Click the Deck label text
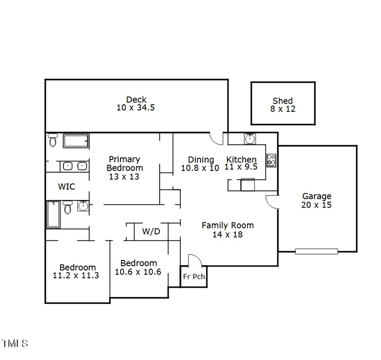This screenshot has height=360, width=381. pos(136,100)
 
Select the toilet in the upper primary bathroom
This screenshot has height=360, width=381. pos(52,140)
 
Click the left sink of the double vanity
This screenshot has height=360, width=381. pos(67,166)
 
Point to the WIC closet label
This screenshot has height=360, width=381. pos(67,187)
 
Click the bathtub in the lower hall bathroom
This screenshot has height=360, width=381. pos(52,215)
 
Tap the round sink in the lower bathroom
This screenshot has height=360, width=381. pos(83,206)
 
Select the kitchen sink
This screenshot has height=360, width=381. pos(250,139)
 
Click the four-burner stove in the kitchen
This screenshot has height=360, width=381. pos(271,160)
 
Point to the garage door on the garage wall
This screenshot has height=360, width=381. pos(316,251)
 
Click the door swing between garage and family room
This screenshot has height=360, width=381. pos(272,202)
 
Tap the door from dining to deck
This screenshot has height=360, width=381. pos(217,139)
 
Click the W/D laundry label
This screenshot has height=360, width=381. pos(151,232)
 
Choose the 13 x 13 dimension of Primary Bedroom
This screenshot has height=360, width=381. pos(124,176)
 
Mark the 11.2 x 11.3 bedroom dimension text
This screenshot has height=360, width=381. pos(76,275)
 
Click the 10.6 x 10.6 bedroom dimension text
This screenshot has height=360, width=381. pos(138,272)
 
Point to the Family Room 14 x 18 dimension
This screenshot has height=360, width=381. pos(227,234)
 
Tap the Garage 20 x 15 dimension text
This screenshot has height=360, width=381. pos(316,205)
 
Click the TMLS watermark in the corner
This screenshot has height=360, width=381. pos(14,343)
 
